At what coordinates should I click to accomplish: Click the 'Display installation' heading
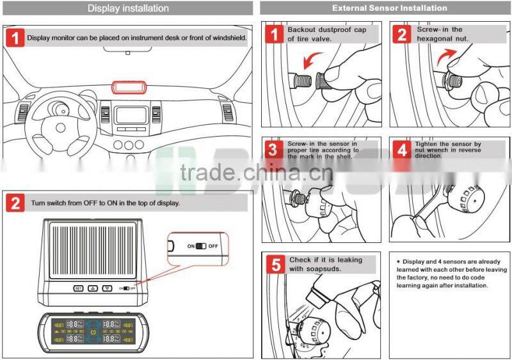tap(128, 8)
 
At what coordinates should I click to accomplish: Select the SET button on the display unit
tap(78, 288)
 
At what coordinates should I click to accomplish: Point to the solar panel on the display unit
tap(92, 249)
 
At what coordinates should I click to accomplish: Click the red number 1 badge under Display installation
tap(15, 37)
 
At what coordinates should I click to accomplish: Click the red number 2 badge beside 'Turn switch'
tap(15, 203)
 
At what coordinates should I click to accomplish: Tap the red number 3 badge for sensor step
tap(274, 150)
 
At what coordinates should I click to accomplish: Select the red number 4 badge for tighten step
tap(401, 150)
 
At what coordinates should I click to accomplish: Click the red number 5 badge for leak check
tap(274, 265)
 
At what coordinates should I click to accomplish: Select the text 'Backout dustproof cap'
tap(326, 29)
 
